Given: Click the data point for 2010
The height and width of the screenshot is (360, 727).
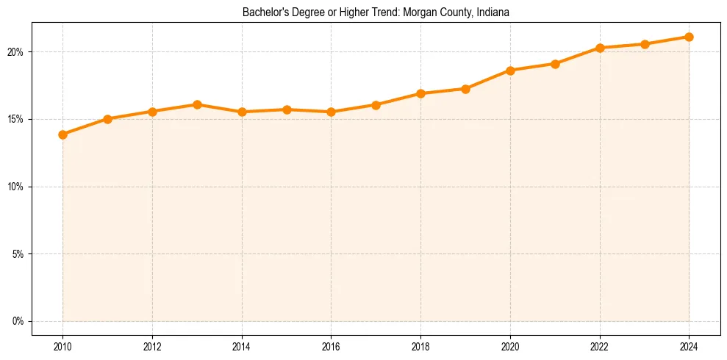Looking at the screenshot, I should [62, 134].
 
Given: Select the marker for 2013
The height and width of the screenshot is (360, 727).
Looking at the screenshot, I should [197, 104].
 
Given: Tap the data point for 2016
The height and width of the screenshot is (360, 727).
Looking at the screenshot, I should [331, 112].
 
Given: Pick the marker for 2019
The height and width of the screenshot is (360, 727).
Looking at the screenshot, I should [465, 89].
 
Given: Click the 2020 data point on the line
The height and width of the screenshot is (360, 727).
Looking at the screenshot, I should [510, 71].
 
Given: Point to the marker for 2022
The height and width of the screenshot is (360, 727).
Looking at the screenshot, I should [600, 48].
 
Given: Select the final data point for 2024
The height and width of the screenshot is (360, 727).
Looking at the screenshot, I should [689, 37].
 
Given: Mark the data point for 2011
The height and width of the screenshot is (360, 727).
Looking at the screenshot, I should [107, 118].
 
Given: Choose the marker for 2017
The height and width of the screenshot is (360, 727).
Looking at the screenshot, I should [376, 105].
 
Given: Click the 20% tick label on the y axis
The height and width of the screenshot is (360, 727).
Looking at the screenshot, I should [17, 52].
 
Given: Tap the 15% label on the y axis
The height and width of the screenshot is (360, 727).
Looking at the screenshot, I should [17, 119].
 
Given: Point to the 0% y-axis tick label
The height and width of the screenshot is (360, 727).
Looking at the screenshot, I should [19, 321].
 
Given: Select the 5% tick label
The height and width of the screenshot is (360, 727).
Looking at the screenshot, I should [19, 254].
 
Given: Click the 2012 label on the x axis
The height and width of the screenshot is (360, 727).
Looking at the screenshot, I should [152, 345].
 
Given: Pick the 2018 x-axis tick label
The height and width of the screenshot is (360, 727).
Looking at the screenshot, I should [420, 345].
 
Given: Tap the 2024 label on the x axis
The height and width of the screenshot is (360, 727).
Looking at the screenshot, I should [689, 345].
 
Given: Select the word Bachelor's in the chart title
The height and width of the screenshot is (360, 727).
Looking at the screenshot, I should [262, 12].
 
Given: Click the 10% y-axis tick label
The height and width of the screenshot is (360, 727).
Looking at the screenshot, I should [17, 187].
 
